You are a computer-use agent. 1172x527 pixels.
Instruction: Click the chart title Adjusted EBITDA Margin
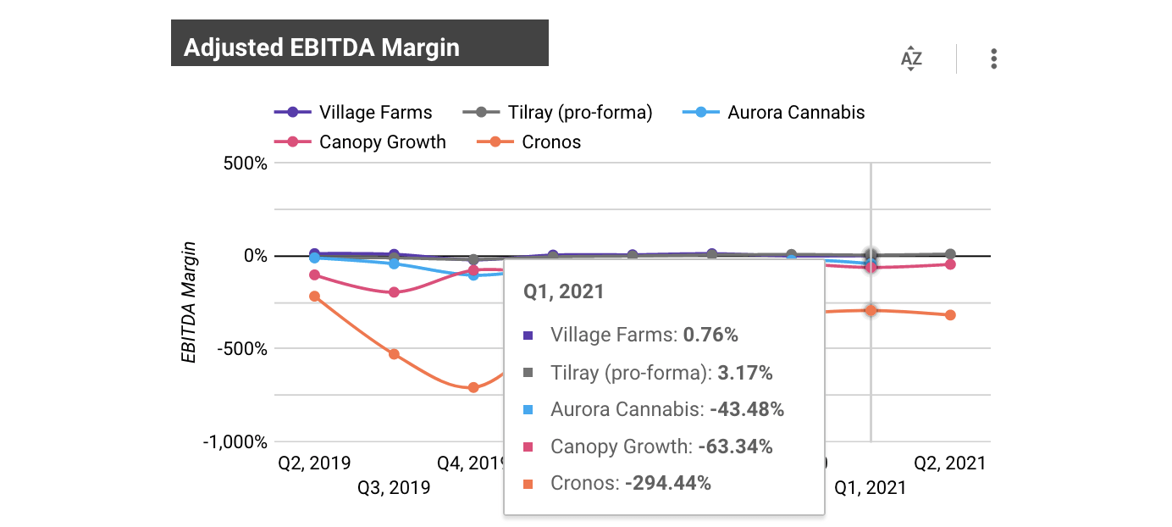tap(322, 47)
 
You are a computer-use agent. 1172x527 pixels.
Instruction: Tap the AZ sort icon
tap(911, 59)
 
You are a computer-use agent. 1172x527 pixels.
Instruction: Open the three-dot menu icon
tap(993, 59)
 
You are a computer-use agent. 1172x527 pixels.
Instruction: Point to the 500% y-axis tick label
tap(244, 163)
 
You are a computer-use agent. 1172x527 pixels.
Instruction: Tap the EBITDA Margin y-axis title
tap(190, 302)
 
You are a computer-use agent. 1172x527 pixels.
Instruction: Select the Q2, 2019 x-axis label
tap(314, 463)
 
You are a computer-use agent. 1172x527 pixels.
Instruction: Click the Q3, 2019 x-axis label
tap(394, 487)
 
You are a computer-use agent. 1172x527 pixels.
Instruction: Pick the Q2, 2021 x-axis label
tap(949, 463)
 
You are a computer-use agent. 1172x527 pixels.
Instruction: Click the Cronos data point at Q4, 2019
tap(473, 387)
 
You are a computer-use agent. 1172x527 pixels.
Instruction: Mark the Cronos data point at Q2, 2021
tap(950, 315)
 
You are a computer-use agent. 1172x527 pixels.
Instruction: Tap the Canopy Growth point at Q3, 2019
tap(394, 292)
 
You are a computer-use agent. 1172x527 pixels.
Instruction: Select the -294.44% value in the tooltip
tap(667, 484)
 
